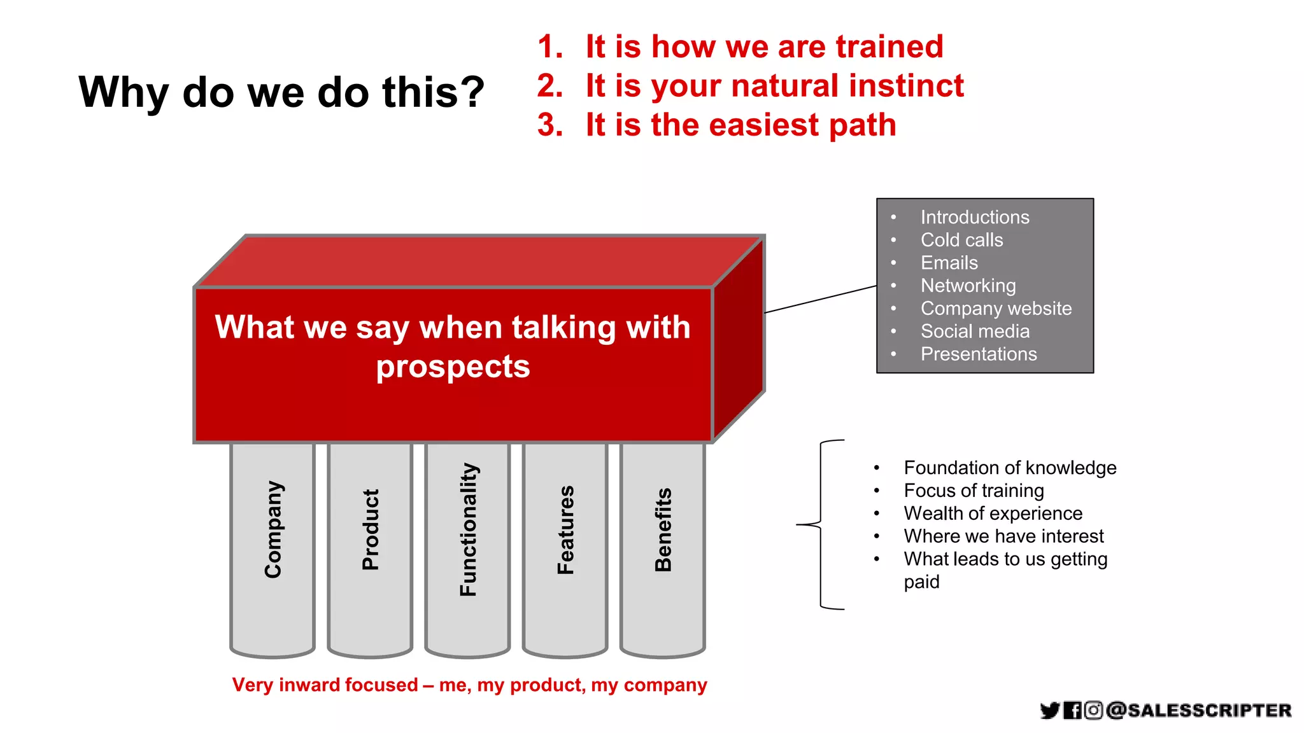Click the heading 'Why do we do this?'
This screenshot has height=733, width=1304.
point(281,92)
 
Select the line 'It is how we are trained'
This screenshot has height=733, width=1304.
point(763,46)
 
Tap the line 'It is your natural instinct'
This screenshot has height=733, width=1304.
point(774,85)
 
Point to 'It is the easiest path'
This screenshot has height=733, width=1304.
point(741,125)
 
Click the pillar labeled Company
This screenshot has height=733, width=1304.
point(273,547)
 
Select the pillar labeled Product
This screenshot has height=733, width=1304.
point(370,547)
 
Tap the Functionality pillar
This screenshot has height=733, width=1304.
point(467,547)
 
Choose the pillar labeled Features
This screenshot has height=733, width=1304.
point(565,547)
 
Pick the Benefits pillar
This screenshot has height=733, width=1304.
point(663,547)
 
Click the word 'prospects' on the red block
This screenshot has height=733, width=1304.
point(453,367)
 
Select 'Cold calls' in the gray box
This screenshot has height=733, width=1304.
point(961,240)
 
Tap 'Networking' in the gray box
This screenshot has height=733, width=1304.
point(968,286)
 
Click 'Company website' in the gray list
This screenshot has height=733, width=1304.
point(996,309)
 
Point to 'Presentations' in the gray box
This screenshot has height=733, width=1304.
point(979,354)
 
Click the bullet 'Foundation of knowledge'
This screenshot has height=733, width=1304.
point(1010,468)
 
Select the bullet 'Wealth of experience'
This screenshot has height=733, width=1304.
point(993,513)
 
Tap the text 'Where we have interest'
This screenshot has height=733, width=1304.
point(1003,536)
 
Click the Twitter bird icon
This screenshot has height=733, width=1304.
point(1049,710)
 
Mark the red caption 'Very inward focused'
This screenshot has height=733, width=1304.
point(325,685)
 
